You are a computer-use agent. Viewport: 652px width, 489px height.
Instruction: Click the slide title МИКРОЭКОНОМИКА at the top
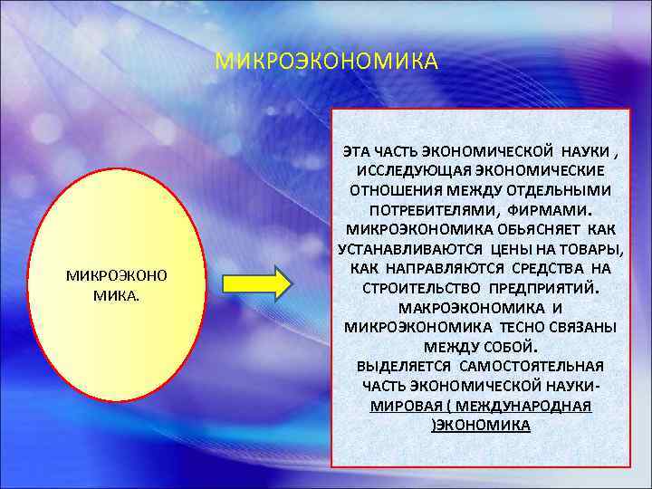click(326, 62)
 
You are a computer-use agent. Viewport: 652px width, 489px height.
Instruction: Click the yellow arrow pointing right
click(257, 282)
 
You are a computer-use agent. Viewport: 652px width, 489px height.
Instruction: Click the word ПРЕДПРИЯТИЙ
click(548, 289)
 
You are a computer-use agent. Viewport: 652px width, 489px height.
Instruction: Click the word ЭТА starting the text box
click(359, 151)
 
